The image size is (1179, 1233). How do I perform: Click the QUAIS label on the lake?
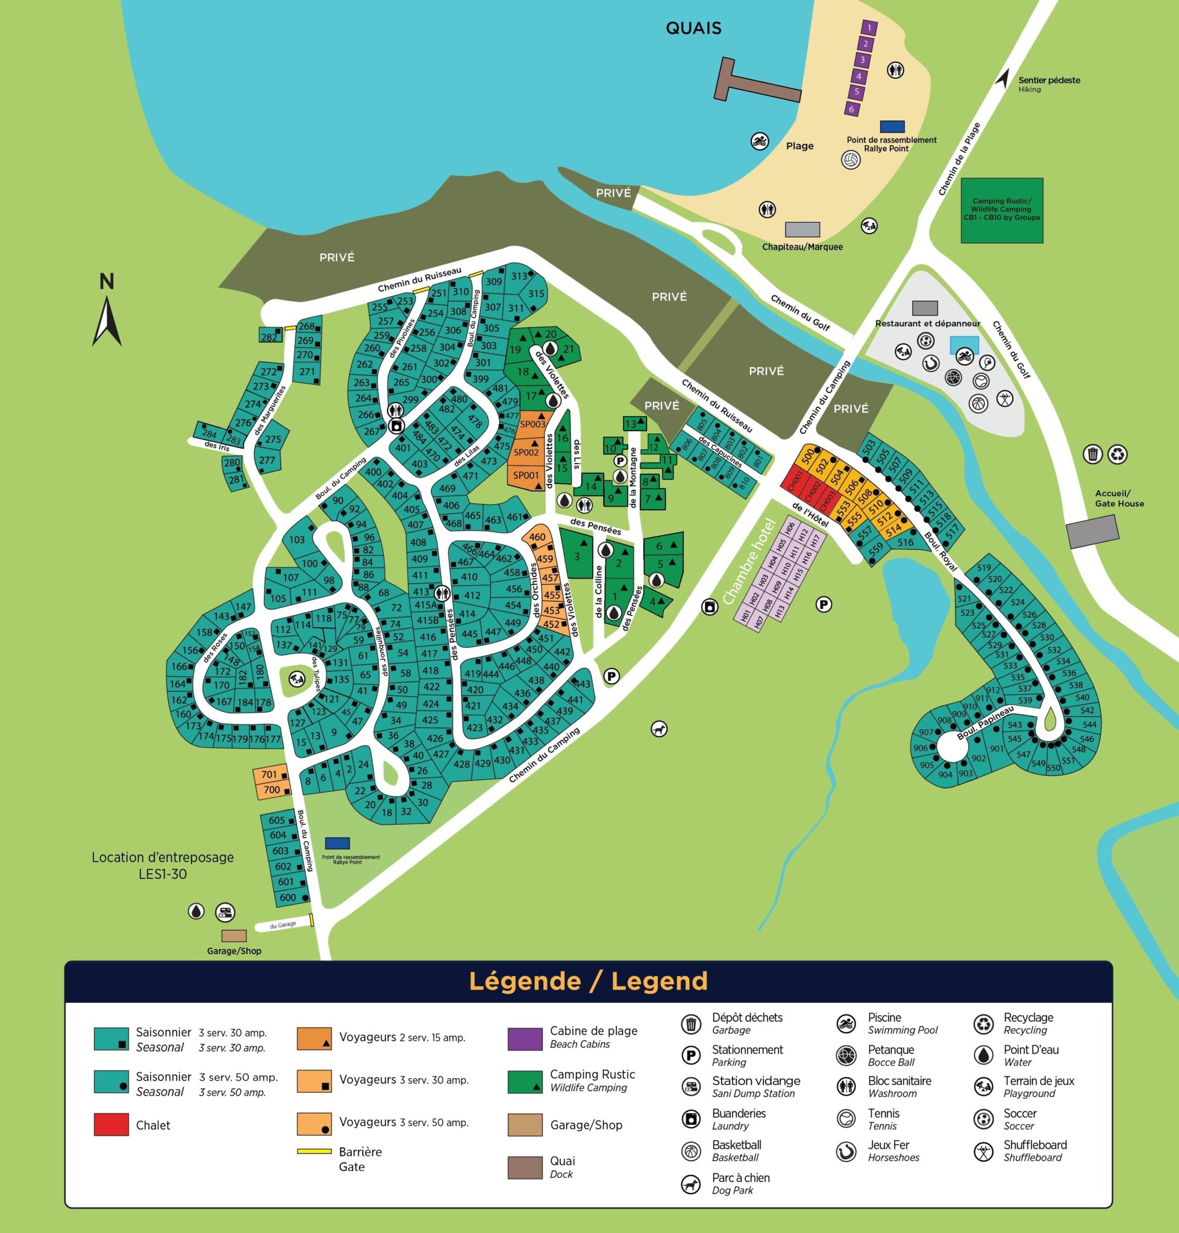tap(693, 28)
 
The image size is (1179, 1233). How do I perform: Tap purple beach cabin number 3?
tap(862, 60)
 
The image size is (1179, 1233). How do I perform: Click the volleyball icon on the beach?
tap(850, 160)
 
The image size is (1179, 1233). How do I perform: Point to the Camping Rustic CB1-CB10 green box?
tap(1002, 211)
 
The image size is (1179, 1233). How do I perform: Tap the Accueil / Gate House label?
tap(1119, 498)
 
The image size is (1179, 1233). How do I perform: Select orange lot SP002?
tap(526, 452)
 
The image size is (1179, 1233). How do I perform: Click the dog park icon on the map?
tap(658, 728)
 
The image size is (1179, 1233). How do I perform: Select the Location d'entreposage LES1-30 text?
tap(163, 865)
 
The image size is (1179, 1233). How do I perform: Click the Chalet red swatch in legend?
tap(111, 1125)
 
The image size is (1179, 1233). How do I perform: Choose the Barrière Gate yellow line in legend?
tap(314, 1151)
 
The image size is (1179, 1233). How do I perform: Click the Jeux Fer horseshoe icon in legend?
tap(846, 1151)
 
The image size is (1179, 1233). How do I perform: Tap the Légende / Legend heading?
tap(588, 981)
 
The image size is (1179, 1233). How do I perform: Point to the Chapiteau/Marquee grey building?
tap(802, 229)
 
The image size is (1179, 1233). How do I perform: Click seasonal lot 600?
tap(288, 897)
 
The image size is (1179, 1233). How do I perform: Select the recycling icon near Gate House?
tap(1117, 454)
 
